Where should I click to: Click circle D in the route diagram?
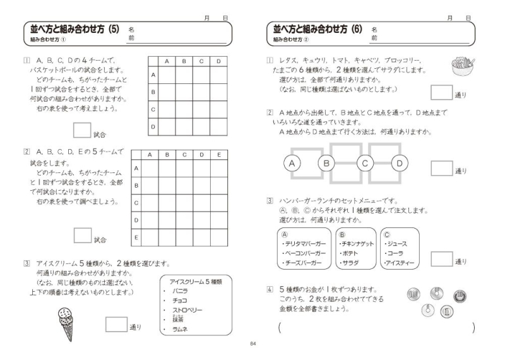[400, 164]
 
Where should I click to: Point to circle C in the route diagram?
[365, 164]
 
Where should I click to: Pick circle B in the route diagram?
[327, 164]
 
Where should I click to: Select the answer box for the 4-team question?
[82, 130]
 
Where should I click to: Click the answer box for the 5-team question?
[83, 235]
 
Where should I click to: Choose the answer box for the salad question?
[441, 92]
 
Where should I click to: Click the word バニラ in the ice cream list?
[180, 292]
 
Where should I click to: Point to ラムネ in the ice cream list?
[180, 328]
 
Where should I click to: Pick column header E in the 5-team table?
[218, 154]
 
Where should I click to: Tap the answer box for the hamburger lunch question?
[441, 258]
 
